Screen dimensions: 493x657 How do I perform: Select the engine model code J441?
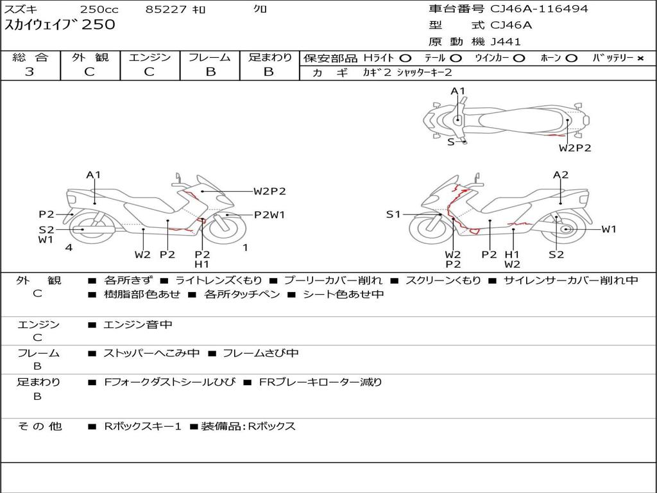coord(506,42)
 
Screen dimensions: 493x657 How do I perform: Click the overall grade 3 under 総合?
coord(30,72)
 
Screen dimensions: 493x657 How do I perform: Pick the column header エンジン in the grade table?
coord(149,57)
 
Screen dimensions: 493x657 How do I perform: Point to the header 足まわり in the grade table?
coord(269,57)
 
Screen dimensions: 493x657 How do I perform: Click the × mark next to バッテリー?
coord(640,58)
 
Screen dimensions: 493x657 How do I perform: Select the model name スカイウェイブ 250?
coord(60,25)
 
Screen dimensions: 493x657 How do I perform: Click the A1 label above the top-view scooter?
coord(457,91)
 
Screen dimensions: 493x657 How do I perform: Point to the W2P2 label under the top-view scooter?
coord(574,148)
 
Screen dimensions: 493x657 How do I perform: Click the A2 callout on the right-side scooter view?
coord(561,175)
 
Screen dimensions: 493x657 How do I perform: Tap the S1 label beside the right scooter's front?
coord(393,214)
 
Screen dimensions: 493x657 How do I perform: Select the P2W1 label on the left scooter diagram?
coord(269,215)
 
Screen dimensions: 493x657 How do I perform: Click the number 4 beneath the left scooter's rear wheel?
coord(69,247)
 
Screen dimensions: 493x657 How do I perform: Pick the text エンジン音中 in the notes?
coord(138,325)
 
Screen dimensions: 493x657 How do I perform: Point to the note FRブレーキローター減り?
coord(320,382)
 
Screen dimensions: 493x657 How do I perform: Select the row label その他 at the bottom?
coord(39,426)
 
